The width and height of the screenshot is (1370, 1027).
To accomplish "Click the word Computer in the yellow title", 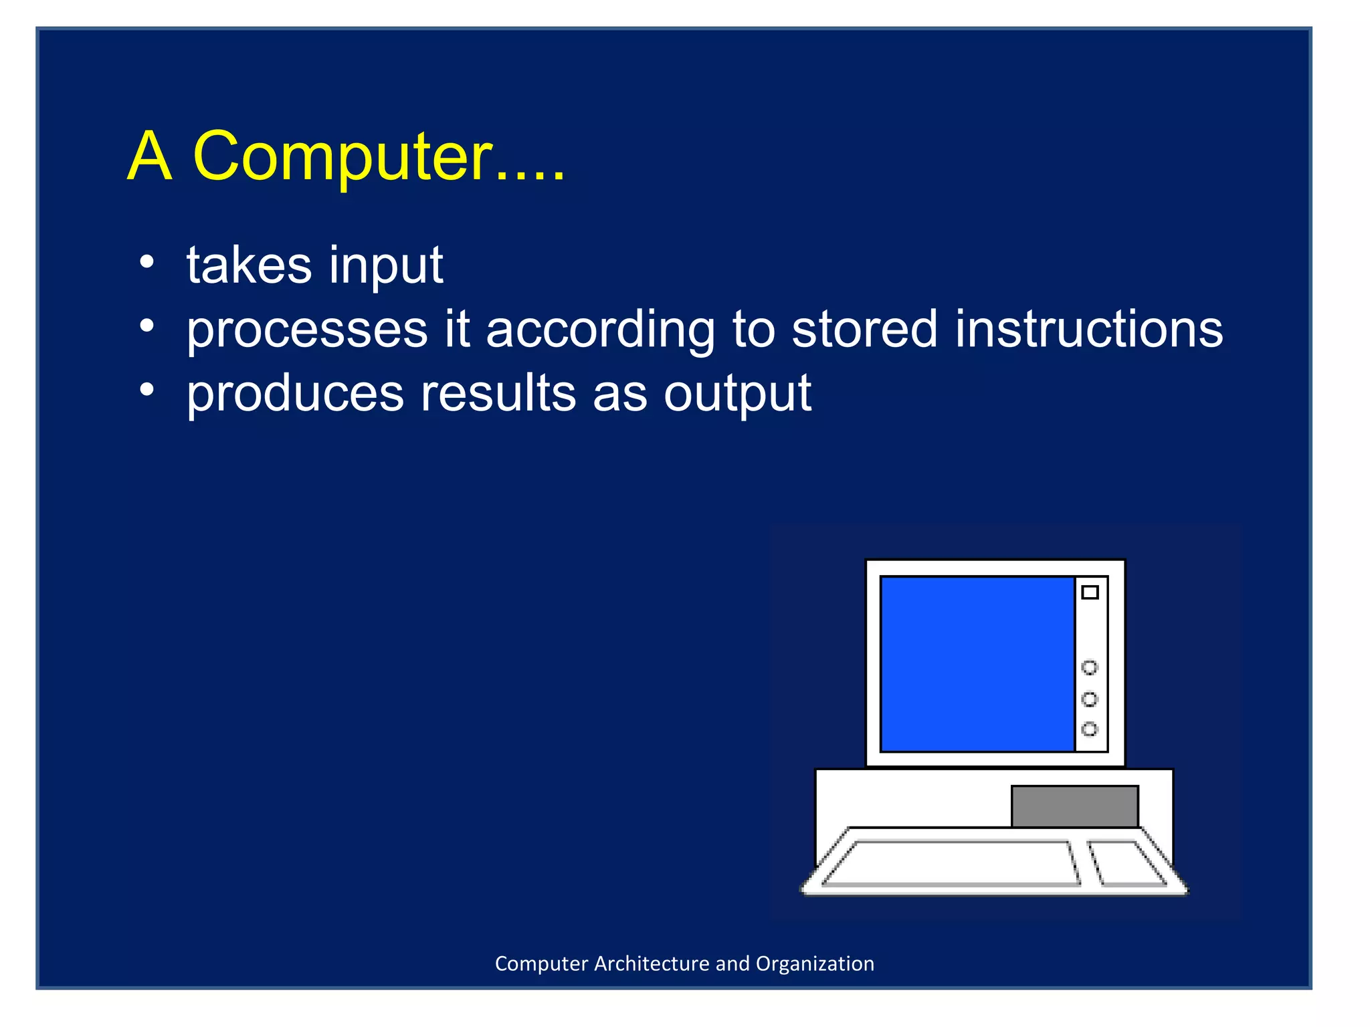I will pos(342,156).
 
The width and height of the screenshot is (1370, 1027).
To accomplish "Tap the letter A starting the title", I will pos(150,156).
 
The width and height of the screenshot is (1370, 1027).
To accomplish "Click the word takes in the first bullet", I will pos(249,265).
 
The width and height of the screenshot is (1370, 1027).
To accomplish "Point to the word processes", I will pos(307,331).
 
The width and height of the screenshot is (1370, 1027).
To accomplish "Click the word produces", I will pos(295,394).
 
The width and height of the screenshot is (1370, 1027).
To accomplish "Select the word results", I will pos(498,393).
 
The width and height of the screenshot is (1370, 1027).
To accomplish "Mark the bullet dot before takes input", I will pos(147,262).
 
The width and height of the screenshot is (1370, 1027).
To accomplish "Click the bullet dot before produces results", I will pos(147,390).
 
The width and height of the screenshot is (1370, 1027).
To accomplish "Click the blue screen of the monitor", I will pos(977,664).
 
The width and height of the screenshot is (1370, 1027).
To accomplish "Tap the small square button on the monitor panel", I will pos(1090,592).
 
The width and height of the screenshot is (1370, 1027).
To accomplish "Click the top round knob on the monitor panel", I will pos(1090,667).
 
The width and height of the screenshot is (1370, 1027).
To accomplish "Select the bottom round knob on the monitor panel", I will pos(1090,729).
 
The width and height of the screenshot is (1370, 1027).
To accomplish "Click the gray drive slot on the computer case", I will pos(1074,806).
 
